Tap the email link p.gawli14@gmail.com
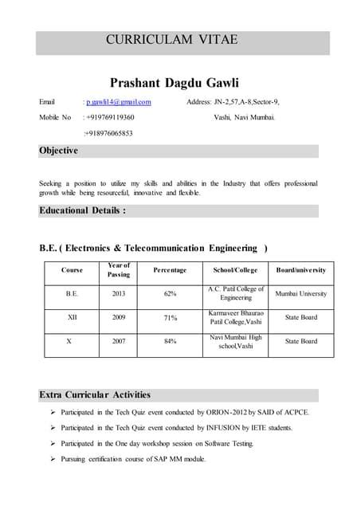(119, 102)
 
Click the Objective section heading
(59, 151)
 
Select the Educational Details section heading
(82, 211)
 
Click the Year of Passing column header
(118, 270)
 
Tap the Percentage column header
(170, 270)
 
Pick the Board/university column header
(300, 270)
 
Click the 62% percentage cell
(170, 293)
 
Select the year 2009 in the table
(118, 317)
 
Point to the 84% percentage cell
(170, 341)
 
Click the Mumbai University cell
(300, 293)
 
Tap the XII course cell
(72, 317)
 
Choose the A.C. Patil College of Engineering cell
(236, 293)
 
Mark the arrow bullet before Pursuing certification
(52, 459)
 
